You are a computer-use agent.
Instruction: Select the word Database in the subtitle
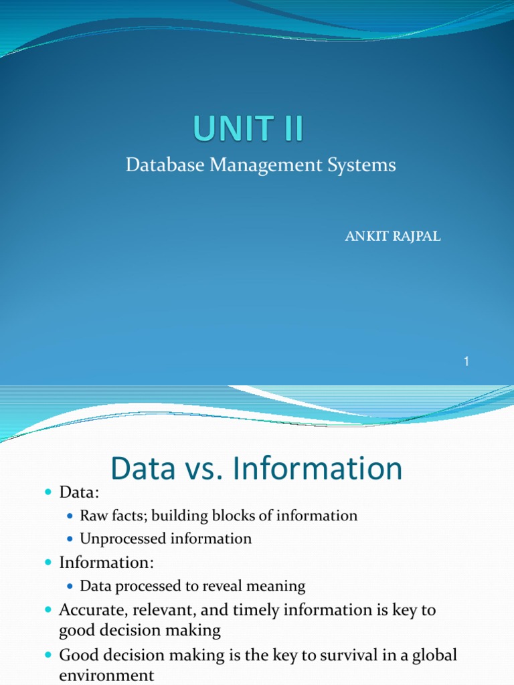pyautogui.click(x=157, y=165)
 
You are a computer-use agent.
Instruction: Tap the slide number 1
pyautogui.click(x=466, y=362)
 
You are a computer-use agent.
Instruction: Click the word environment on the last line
pyautogui.click(x=106, y=676)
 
